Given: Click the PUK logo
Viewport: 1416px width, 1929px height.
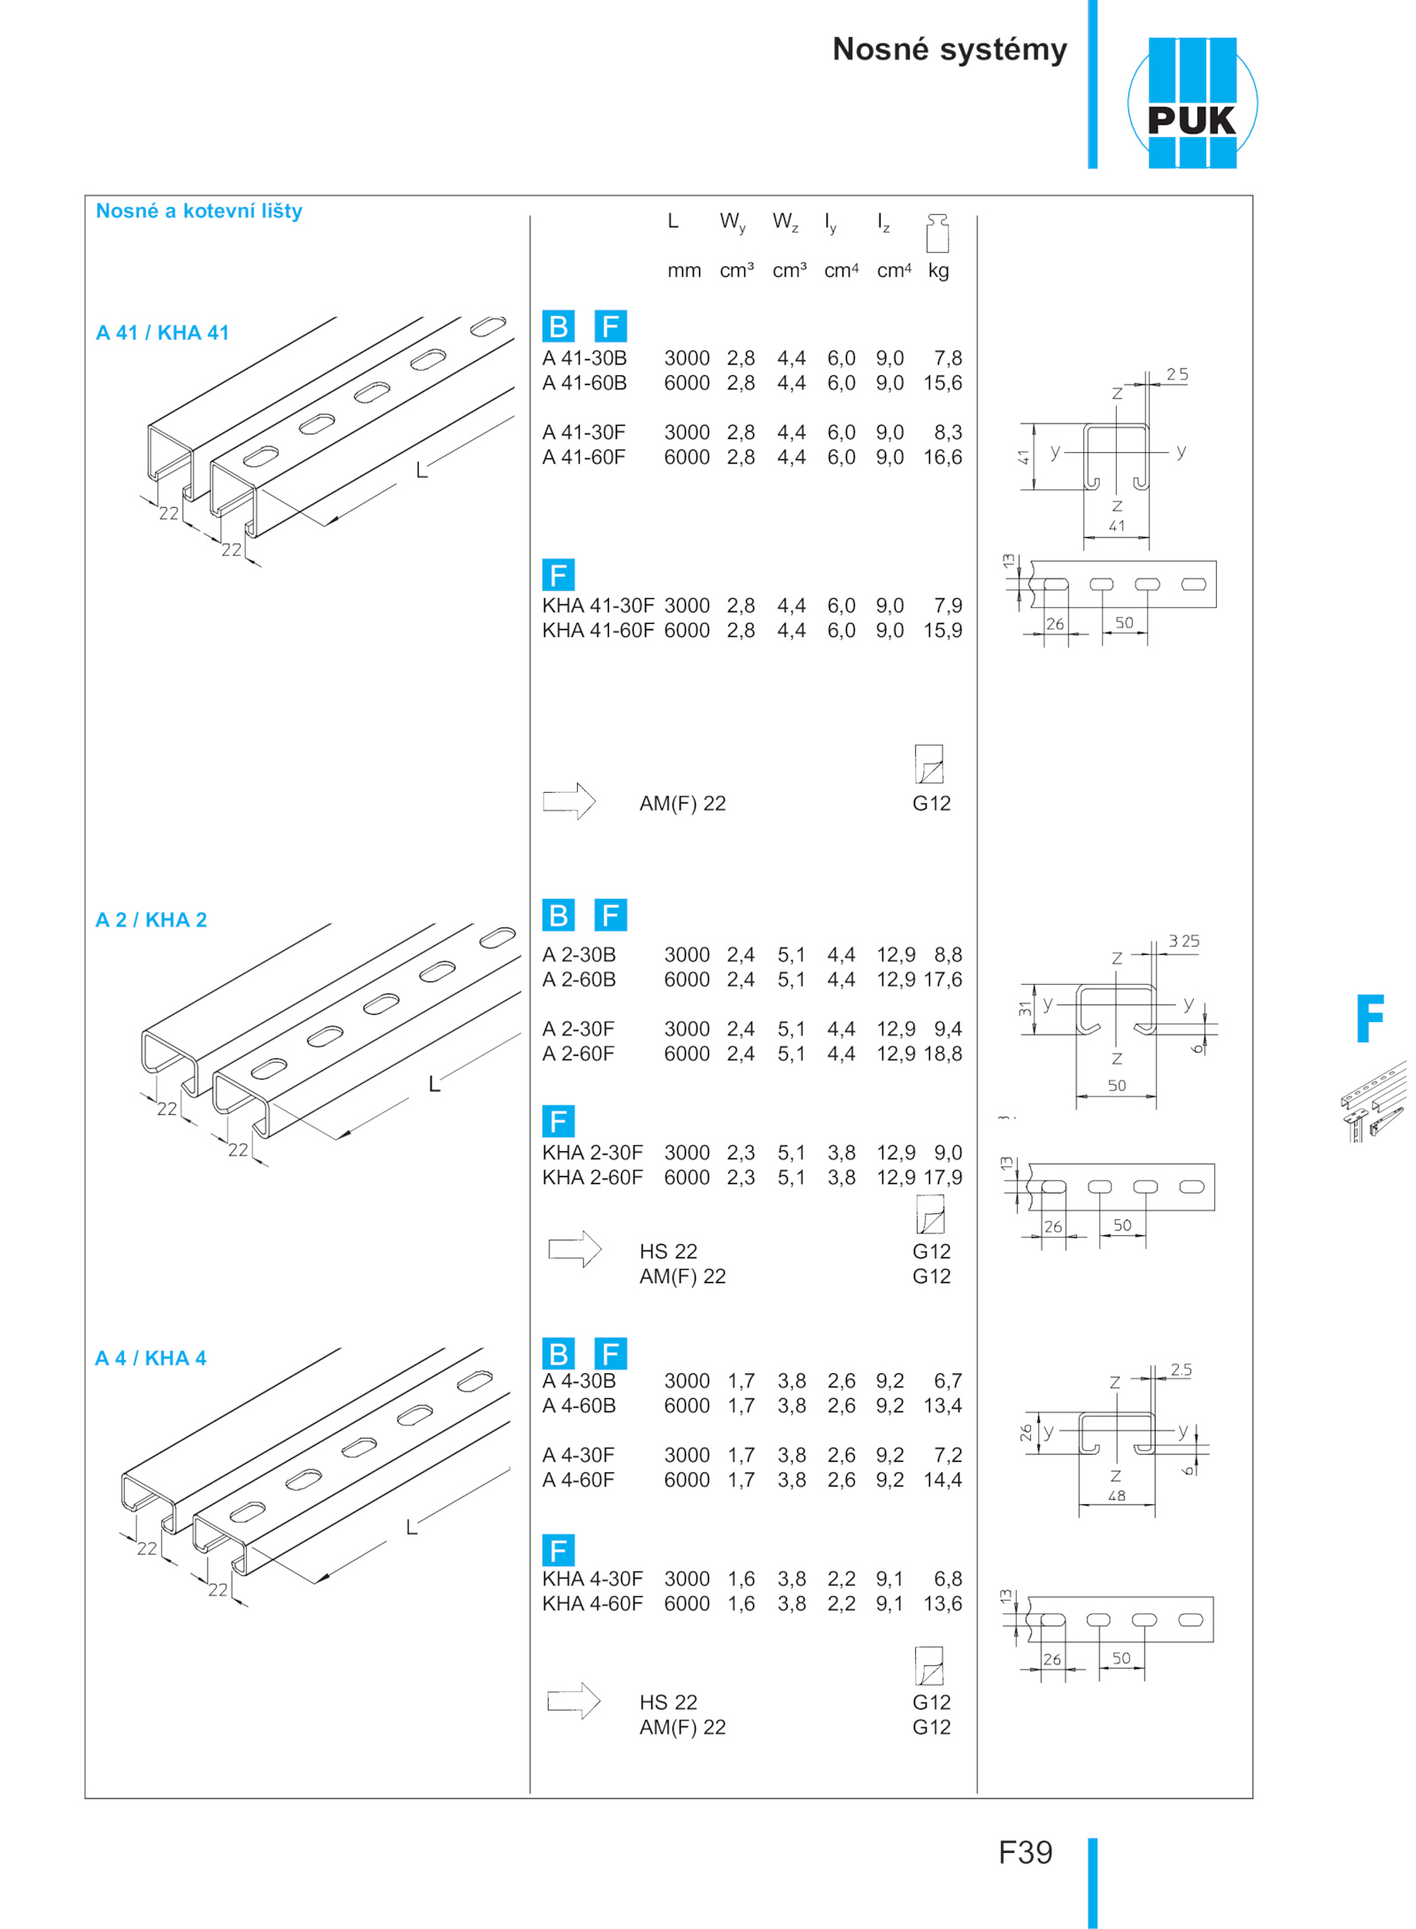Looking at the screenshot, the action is point(1191,103).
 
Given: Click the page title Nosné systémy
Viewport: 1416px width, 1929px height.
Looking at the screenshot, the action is point(950,50).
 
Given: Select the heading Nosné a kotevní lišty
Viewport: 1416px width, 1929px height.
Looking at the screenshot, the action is point(199,211).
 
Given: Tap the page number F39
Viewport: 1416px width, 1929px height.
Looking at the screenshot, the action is point(1025,1852).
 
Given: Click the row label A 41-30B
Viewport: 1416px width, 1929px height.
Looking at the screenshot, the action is point(584,358).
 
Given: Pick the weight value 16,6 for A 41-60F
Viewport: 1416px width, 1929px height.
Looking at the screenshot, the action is point(943,457).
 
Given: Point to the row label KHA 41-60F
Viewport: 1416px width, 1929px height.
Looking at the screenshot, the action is point(598,631).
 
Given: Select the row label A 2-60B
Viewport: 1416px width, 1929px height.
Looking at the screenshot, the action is point(579,980).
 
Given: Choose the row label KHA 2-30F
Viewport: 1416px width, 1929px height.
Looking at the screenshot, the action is point(592,1153).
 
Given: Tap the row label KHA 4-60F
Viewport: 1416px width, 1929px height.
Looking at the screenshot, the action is point(592,1603).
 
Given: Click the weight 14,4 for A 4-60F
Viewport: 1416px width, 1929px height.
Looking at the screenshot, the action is point(943,1479).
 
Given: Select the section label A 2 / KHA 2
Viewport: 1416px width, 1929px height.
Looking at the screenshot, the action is point(151,920).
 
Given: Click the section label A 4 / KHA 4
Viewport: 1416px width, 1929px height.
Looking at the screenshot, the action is point(150,1358).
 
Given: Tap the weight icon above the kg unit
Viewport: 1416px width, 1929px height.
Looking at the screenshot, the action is point(937,233).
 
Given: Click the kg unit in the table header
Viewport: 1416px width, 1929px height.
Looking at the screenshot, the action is point(938,271).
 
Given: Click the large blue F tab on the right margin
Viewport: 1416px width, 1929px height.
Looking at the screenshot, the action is point(1370,1018).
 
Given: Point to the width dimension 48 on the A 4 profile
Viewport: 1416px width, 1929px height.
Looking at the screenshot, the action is point(1117,1495).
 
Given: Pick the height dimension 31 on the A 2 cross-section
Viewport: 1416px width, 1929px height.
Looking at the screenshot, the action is point(1025,1008).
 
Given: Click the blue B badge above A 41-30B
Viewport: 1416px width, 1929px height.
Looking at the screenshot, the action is point(558,327).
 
